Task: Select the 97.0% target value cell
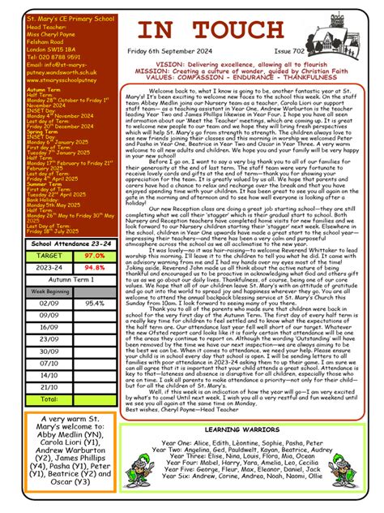[x=94, y=255]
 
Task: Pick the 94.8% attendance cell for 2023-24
[x=94, y=266]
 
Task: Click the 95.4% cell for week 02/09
[x=94, y=303]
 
